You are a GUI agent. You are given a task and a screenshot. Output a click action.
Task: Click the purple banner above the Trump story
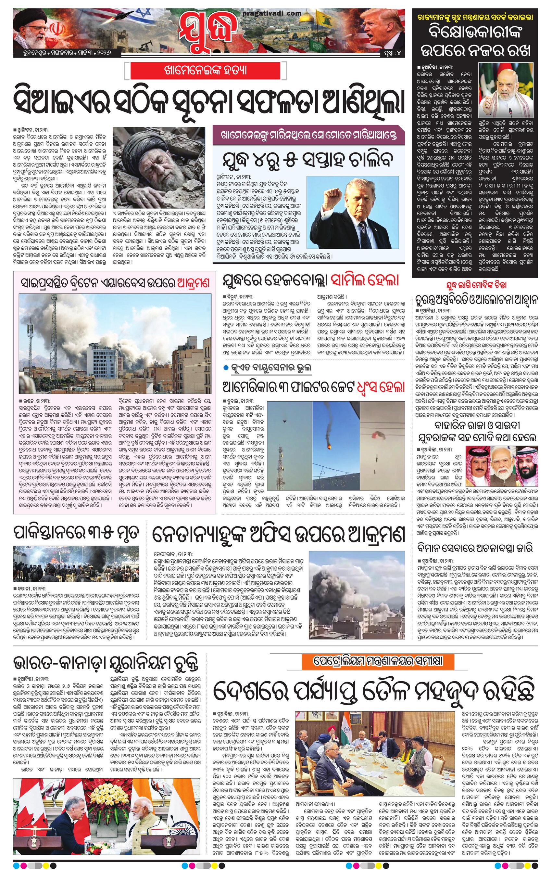tap(309, 135)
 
